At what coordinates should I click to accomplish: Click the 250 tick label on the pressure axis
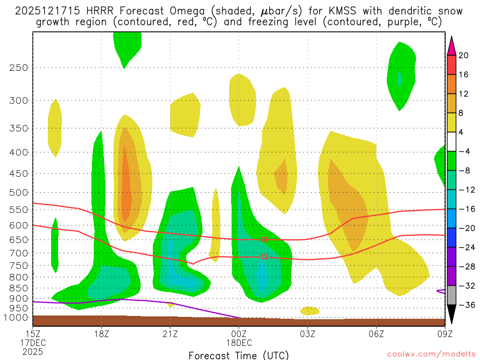click(x=18, y=67)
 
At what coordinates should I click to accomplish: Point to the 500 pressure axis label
click(x=18, y=193)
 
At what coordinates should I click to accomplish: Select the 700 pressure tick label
click(x=18, y=253)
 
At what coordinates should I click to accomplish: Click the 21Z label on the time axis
click(x=170, y=334)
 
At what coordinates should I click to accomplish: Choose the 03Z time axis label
click(x=307, y=334)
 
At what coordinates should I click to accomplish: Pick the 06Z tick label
click(x=376, y=334)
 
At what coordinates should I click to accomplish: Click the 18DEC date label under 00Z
click(x=239, y=343)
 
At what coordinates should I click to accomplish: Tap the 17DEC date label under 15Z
click(x=32, y=343)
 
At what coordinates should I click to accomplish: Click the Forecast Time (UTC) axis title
click(x=239, y=355)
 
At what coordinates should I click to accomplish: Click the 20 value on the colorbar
click(x=464, y=55)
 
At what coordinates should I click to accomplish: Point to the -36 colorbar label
click(x=465, y=305)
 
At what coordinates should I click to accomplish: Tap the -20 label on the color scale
click(x=465, y=228)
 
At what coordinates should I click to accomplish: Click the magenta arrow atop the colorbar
click(x=451, y=45)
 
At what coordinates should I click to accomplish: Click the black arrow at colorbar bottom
click(x=451, y=315)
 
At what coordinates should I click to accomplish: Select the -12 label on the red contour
click(x=264, y=257)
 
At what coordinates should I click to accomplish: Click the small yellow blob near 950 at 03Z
click(x=309, y=311)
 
